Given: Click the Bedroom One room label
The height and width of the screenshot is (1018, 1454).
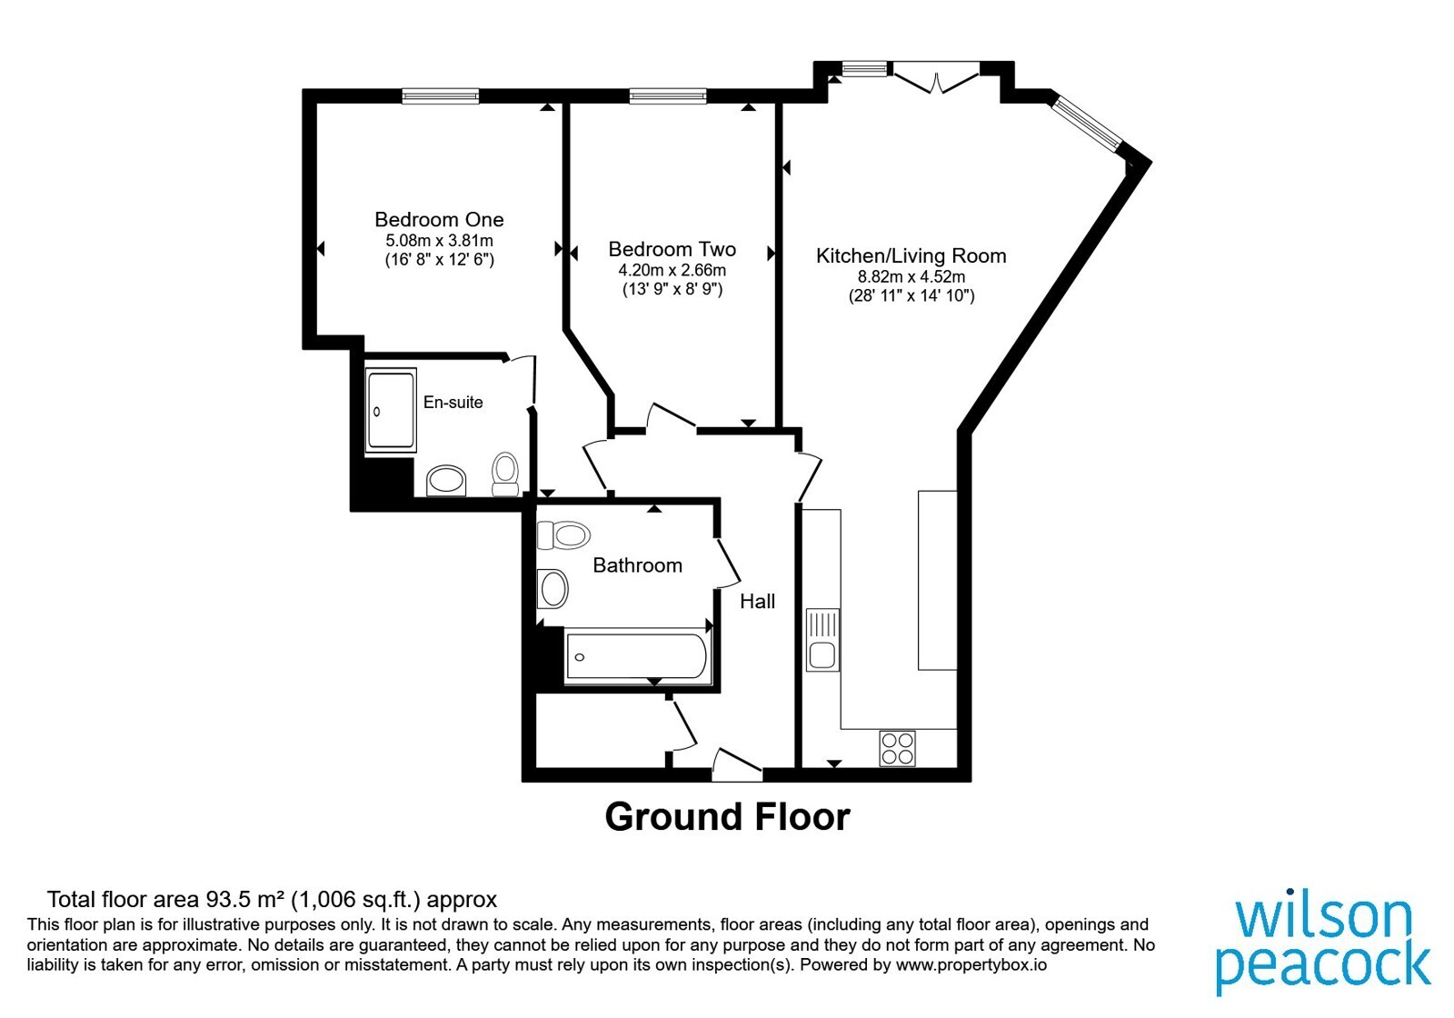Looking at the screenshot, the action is pos(439,219).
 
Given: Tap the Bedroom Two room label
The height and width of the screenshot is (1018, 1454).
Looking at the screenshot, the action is pos(672,249).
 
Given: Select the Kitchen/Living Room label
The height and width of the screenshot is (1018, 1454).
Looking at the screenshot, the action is pos(911,255).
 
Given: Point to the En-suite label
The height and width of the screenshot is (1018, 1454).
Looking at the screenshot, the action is pos(453,402).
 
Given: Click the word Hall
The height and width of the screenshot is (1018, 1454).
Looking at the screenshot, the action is pos(758,602).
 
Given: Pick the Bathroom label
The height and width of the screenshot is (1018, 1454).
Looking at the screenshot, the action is pos(637,565).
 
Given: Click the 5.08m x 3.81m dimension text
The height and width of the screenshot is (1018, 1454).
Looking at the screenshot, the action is pos(440,241).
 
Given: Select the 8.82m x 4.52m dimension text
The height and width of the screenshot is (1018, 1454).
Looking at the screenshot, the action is pos(911,277).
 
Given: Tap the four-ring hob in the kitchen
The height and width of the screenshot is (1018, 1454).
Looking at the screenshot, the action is pos(898,749).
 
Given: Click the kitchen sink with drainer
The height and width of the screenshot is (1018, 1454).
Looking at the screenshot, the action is pos(822,640).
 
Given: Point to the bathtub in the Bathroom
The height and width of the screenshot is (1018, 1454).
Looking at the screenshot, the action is pos(636,655).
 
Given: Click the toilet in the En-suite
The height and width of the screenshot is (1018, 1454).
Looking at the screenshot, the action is pos(505,474).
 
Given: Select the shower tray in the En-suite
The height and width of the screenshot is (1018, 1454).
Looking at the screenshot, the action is pos(391,410).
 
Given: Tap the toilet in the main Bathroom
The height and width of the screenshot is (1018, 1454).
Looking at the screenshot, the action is pos(563,535).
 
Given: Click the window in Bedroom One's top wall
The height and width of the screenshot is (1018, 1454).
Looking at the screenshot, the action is pos(441,96).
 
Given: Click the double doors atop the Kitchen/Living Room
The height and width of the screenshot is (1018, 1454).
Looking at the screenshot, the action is pos(935,77).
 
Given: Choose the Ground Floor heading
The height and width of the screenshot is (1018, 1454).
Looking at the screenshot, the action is pos(727,817).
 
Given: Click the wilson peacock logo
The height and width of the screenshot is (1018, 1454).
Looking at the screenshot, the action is pos(1323,945).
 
